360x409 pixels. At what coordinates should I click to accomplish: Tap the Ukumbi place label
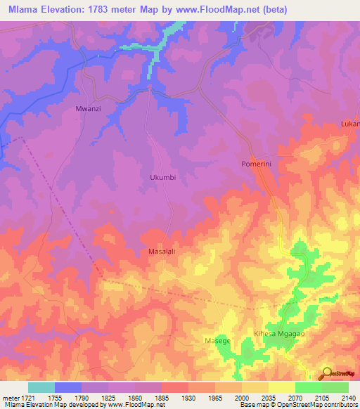(162, 178)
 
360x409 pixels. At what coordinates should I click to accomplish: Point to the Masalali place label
(162, 251)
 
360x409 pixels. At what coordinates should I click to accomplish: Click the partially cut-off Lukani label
(350, 124)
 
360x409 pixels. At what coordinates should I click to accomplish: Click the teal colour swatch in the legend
(41, 387)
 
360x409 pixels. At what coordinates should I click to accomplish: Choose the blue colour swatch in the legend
(67, 387)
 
